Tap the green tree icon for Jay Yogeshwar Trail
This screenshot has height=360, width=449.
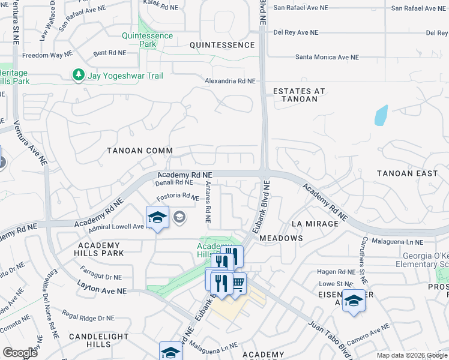pos(77,74)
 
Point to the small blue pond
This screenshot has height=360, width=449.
pos(381,115)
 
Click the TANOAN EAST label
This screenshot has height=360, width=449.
pos(407,173)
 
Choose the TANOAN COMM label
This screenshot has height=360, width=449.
pos(139,151)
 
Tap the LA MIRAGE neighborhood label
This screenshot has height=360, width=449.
pos(312,223)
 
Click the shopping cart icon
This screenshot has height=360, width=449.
pos(238,282)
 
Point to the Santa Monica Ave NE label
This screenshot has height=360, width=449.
pos(327,58)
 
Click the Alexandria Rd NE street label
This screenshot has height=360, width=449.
pos(230,80)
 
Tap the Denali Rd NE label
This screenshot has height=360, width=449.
pos(175,182)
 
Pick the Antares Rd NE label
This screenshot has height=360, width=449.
pos(208,203)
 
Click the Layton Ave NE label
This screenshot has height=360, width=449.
pos(102,290)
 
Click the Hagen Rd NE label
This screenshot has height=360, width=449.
pos(337,272)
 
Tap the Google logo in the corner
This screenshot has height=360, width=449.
pos(20,353)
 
